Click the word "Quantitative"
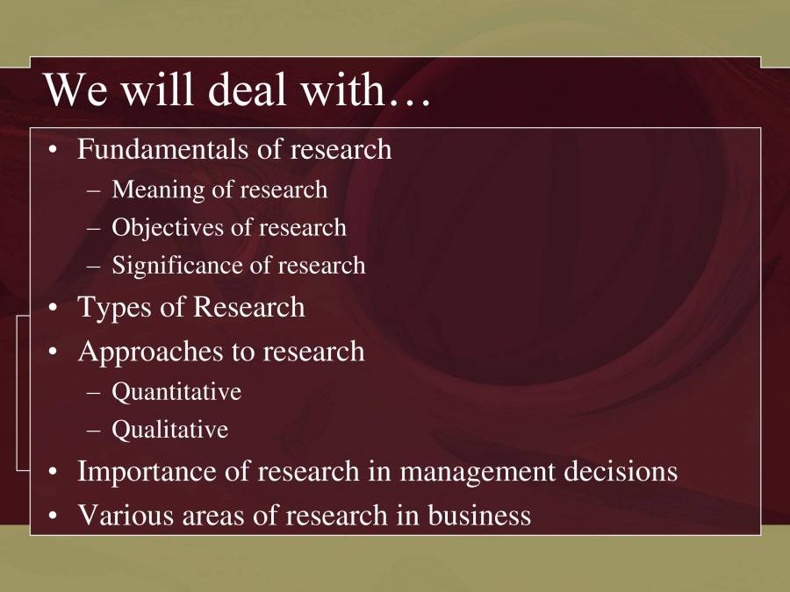coord(176,391)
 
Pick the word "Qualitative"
coord(169,430)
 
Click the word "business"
coord(479,515)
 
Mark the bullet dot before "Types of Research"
coord(54,309)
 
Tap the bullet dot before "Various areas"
coord(54,516)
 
